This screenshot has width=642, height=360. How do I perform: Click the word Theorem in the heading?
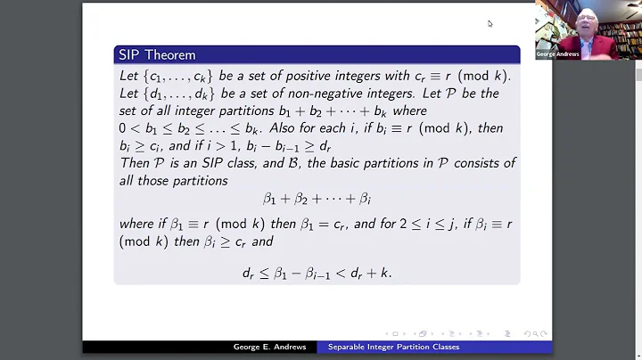(169, 55)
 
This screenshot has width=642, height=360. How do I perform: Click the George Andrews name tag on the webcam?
(557, 54)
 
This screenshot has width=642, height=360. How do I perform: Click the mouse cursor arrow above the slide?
(490, 23)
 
